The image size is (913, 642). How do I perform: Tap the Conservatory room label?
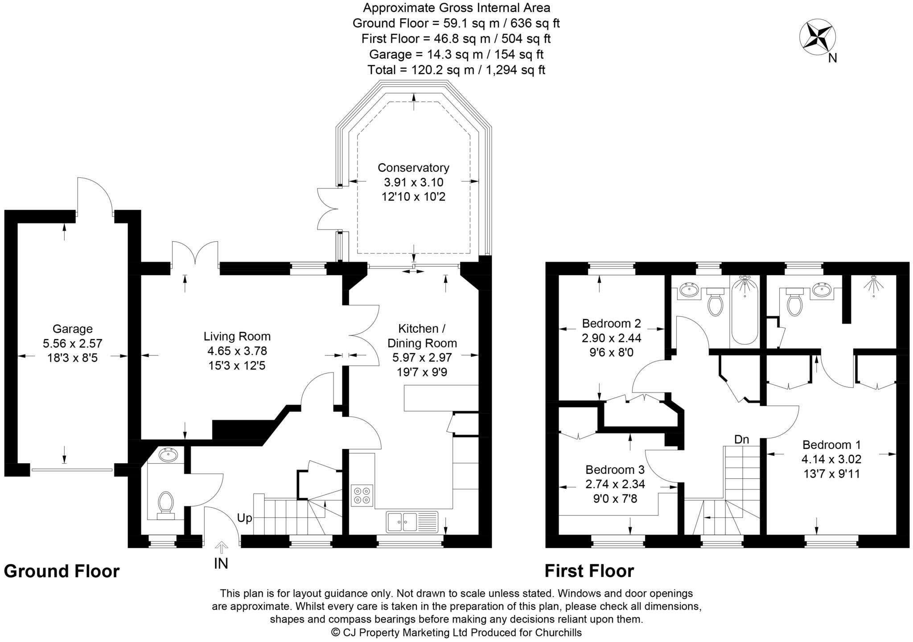pos(413,168)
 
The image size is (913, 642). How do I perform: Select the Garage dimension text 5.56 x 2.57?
pos(72,343)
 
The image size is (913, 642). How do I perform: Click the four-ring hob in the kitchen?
pos(362,495)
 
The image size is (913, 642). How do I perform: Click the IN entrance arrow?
pos(221,547)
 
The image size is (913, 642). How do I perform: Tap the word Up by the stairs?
pos(244,518)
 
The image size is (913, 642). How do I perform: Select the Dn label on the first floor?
pos(741,440)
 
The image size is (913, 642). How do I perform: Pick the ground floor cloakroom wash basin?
pos(168,456)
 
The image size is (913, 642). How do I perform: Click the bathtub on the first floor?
pos(744,310)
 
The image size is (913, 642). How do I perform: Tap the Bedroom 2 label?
pos(611,323)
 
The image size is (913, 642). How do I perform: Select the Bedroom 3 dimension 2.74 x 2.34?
pos(615,484)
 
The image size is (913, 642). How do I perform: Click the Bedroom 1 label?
pos(831,445)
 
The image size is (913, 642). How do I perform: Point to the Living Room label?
pos(237,336)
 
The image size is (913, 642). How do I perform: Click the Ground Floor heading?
pos(62,571)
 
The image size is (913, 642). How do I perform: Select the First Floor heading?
pos(589,571)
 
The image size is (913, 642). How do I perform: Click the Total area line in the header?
pos(456,70)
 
